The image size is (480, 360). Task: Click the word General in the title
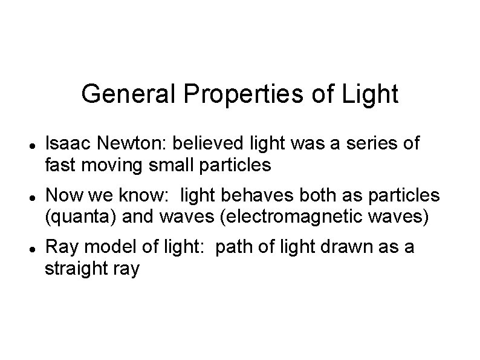click(129, 94)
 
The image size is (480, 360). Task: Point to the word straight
click(76, 269)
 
